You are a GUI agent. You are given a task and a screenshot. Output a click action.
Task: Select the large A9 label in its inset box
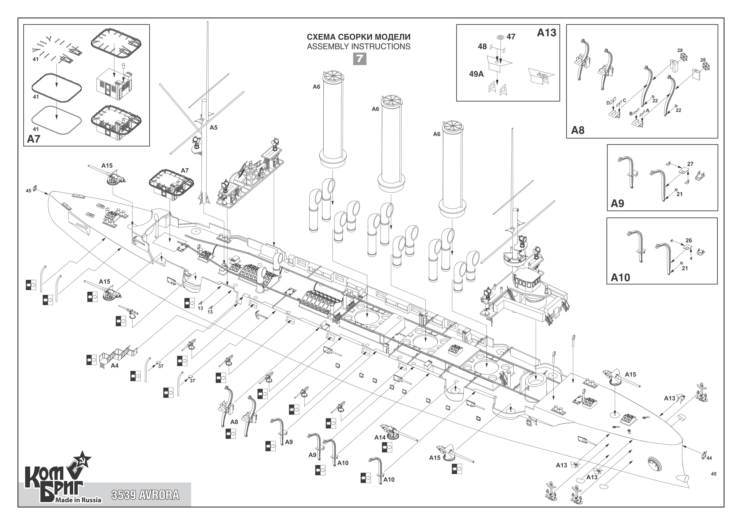tap(617, 203)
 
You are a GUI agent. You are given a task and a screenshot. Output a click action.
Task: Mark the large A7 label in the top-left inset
tap(34, 139)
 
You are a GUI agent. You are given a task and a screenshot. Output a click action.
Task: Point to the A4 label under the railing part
tap(115, 366)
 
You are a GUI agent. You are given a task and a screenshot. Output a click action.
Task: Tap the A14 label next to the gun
tap(380, 437)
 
